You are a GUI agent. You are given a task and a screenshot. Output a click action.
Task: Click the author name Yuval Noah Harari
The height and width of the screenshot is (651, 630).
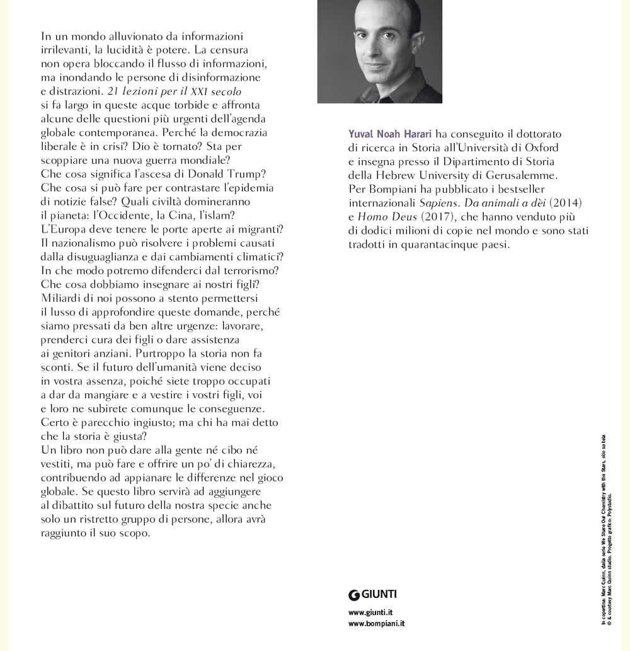389,134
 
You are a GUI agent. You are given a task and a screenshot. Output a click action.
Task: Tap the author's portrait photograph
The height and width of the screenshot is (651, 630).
379,51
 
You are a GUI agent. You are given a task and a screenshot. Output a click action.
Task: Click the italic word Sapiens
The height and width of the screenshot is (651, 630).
438,202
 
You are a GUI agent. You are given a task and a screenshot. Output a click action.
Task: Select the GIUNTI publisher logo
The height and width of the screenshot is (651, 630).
373,594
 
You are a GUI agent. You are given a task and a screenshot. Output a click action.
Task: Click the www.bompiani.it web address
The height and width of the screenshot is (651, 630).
376,623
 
